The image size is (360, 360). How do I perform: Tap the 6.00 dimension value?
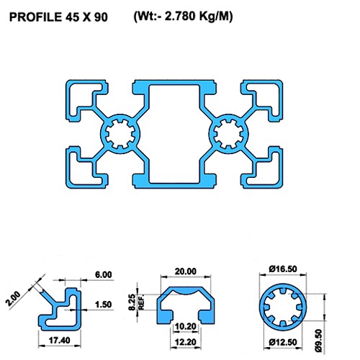coord(103,275)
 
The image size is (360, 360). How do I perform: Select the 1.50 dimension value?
coord(103,305)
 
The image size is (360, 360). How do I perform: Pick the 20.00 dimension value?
coord(185,271)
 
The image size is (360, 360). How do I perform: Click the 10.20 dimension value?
coord(185,325)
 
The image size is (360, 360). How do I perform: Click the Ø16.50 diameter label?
coord(282,269)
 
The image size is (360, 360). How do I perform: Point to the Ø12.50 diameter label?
coord(282,341)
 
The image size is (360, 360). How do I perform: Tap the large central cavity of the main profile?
coord(175,133)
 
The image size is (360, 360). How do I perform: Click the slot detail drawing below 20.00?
coord(185,302)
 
